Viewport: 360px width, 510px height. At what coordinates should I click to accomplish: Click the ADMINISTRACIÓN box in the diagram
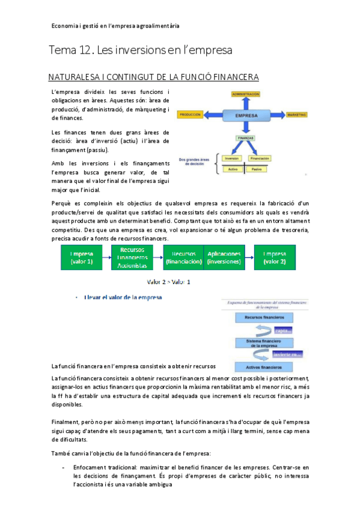245,94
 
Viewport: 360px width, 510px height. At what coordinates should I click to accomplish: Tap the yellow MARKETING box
296,114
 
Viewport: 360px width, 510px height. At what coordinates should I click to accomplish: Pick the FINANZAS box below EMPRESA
245,138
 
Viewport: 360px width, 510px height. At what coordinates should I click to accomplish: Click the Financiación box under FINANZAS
260,158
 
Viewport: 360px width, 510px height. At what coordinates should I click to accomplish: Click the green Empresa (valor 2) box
274,258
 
